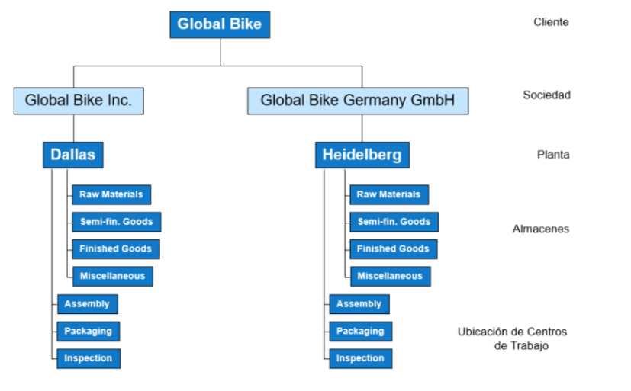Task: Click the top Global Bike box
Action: point(220,24)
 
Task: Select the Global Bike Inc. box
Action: point(79,101)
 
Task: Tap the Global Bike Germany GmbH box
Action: point(358,101)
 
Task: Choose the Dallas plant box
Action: point(72,155)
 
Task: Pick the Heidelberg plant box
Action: point(362,155)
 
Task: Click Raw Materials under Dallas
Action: point(111,194)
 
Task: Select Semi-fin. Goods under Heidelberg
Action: point(394,222)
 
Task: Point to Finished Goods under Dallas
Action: point(116,249)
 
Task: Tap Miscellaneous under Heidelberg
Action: point(391,276)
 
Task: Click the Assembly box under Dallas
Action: point(87,304)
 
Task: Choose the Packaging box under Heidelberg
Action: point(361,331)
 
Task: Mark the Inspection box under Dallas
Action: point(89,358)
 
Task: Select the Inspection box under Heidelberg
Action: point(361,358)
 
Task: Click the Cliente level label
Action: point(551,21)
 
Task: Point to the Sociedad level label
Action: point(546,95)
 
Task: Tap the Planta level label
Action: point(553,155)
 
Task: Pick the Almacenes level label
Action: point(541,229)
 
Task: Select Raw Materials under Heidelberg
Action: point(389,194)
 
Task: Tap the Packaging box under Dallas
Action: point(89,331)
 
